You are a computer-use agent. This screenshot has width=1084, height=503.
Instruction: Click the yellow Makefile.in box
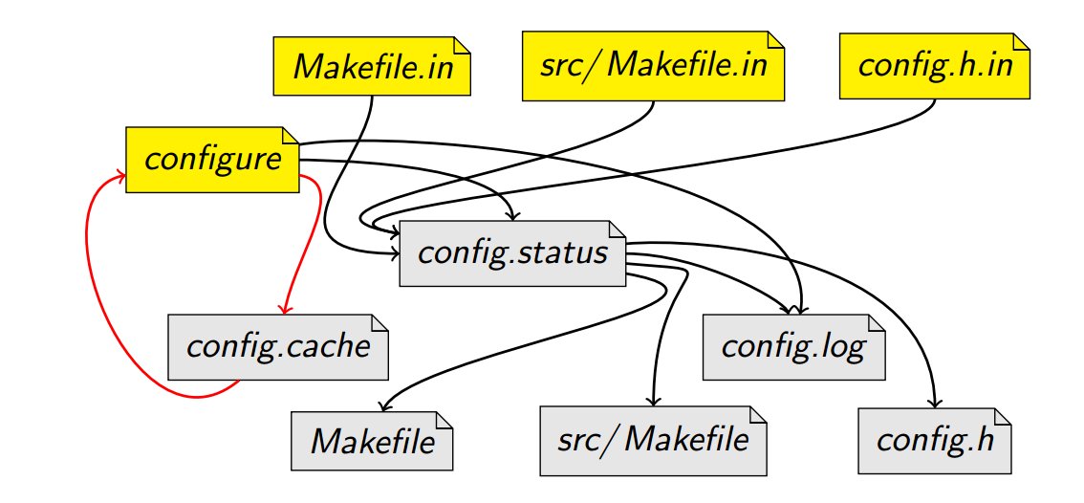[372, 66]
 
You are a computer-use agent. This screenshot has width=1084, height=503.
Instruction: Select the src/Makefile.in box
[652, 66]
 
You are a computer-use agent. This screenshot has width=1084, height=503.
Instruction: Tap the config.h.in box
[935, 66]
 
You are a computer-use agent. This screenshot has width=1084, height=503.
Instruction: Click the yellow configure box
[212, 158]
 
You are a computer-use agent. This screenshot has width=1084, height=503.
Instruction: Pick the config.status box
[512, 253]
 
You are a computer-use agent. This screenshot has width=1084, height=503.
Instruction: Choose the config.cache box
[278, 345]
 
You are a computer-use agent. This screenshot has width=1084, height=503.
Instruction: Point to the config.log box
[792, 345]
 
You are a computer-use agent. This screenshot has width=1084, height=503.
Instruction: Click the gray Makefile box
[372, 441]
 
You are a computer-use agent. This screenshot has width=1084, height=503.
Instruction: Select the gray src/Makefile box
[653, 441]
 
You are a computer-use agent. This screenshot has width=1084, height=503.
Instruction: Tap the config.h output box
[934, 441]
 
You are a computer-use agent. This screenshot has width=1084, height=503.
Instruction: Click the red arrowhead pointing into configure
[121, 176]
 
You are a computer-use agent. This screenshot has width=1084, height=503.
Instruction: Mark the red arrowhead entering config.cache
[284, 309]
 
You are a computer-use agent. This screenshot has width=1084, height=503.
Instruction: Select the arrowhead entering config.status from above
[515, 215]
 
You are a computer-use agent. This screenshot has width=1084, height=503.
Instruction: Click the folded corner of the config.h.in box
[1022, 43]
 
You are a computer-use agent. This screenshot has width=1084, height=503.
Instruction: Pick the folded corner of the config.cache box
[381, 322]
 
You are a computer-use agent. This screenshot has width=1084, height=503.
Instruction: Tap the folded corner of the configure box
[291, 135]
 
